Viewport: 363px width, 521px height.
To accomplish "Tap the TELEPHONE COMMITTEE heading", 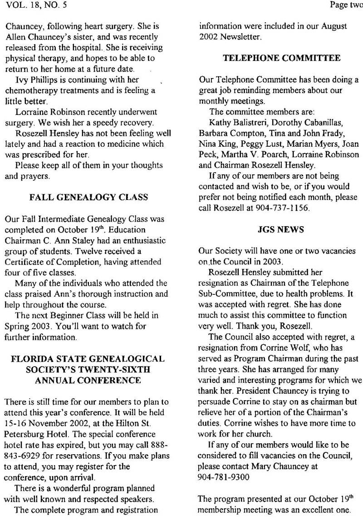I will tap(270, 59).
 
